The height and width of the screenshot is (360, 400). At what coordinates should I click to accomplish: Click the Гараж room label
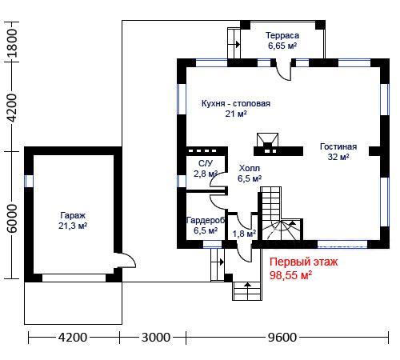point(73,215)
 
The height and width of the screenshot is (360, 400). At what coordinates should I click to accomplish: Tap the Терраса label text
point(282,35)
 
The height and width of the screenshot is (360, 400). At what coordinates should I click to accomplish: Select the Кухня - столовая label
point(236,103)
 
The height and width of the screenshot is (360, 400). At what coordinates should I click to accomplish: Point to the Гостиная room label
point(338,146)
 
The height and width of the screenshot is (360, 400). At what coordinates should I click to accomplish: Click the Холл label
point(250,168)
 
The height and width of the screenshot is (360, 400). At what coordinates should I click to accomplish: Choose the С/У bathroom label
point(206,163)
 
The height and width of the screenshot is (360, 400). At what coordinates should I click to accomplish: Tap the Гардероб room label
point(206,220)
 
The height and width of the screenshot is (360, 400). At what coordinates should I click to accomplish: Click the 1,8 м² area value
point(244,234)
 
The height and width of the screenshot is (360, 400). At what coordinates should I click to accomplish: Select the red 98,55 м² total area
point(290,275)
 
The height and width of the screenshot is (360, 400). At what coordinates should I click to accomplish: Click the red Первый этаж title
point(303,262)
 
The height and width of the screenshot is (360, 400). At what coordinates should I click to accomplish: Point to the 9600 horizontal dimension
point(282,338)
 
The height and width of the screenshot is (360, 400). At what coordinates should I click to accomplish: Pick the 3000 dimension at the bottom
point(156,338)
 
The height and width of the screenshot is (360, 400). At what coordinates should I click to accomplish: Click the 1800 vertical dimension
point(12,43)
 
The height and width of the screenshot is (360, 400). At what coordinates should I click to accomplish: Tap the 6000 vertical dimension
point(12,218)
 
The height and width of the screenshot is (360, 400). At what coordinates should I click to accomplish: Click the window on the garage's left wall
point(29,181)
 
